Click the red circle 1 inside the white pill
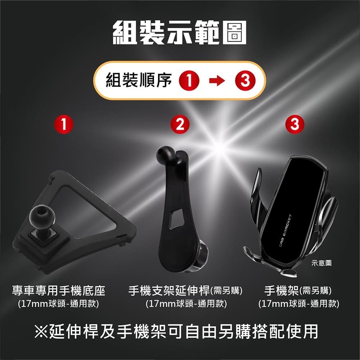coord(191,81)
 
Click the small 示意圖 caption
coord(321,264)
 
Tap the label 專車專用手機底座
coord(59,290)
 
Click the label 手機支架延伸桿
coord(169,290)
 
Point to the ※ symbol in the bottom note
coord(42,331)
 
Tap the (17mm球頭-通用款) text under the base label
coord(59,303)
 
